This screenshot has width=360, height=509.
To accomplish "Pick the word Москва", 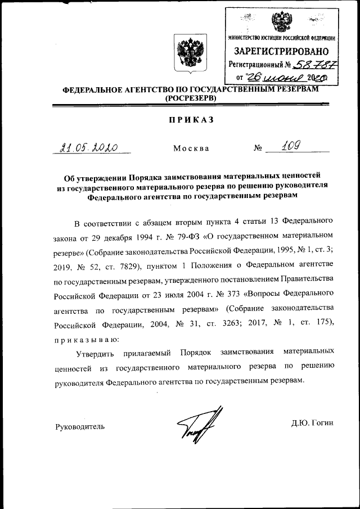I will (x=191, y=148).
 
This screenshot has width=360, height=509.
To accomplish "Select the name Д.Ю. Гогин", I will (x=312, y=423).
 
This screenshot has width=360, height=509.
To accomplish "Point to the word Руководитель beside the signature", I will (x=79, y=426).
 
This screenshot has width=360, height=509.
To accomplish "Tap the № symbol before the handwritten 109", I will (x=259, y=148).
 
